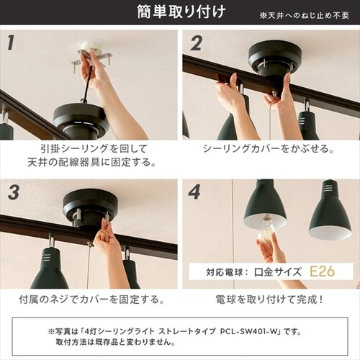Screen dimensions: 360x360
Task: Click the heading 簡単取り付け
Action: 181,12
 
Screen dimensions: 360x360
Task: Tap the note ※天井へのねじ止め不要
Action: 305,16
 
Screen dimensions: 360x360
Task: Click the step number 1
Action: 10,42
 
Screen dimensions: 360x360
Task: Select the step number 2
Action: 197,43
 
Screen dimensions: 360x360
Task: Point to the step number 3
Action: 14,192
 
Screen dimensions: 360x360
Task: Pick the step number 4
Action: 194,192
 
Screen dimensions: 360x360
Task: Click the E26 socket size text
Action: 322,271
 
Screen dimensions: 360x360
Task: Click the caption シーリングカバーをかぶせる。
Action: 268,149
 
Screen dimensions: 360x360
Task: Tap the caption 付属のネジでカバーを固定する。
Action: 91,300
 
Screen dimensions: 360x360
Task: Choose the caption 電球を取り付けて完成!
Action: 269,300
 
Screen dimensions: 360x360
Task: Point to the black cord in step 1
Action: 88,81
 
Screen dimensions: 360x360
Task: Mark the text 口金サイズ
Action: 278,272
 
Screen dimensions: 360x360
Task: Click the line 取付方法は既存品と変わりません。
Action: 115,342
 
